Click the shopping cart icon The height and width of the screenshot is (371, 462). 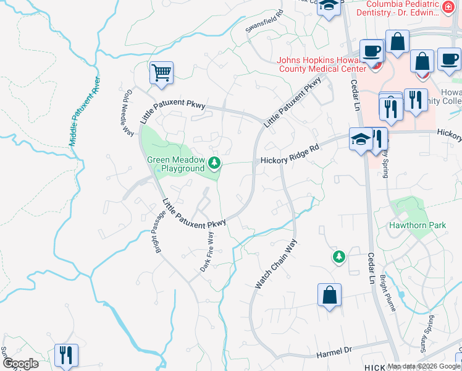tap(161, 73)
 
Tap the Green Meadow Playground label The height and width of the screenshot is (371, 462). tap(175, 164)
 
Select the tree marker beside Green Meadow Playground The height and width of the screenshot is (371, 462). tap(214, 164)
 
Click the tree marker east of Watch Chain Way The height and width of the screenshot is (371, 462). tap(338, 257)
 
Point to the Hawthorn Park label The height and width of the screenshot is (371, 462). tap(417, 226)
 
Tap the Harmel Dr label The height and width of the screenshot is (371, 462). tap(334, 352)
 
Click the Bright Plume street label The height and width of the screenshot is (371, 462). tap(389, 294)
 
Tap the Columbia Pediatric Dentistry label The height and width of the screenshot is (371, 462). tap(409, 8)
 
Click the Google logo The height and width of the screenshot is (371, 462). tap(20, 364)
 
